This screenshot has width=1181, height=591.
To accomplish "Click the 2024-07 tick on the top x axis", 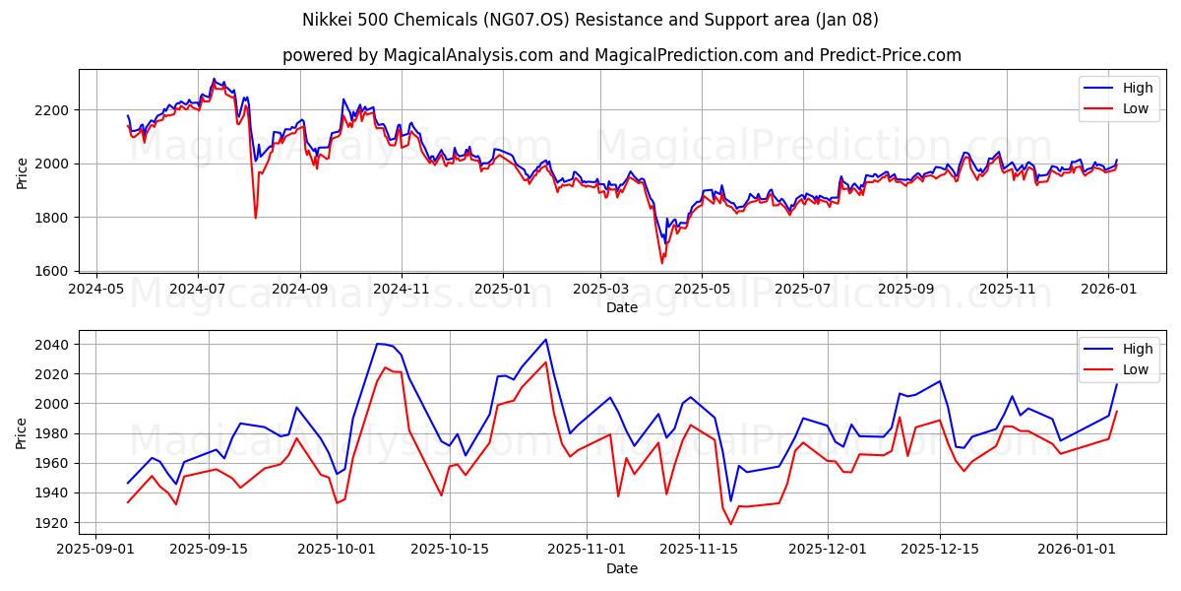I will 198,290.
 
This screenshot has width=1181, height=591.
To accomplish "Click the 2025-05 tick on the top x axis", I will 702,290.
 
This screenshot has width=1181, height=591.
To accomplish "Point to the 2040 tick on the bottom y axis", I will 52,345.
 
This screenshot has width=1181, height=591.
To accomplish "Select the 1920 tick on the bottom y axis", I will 52,522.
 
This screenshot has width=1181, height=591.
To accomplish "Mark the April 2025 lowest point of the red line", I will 662,263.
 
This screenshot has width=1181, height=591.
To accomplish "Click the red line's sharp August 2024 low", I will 256,218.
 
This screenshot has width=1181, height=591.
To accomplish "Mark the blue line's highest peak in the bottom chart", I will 545,340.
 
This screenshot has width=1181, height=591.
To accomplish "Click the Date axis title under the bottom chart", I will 621,568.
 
